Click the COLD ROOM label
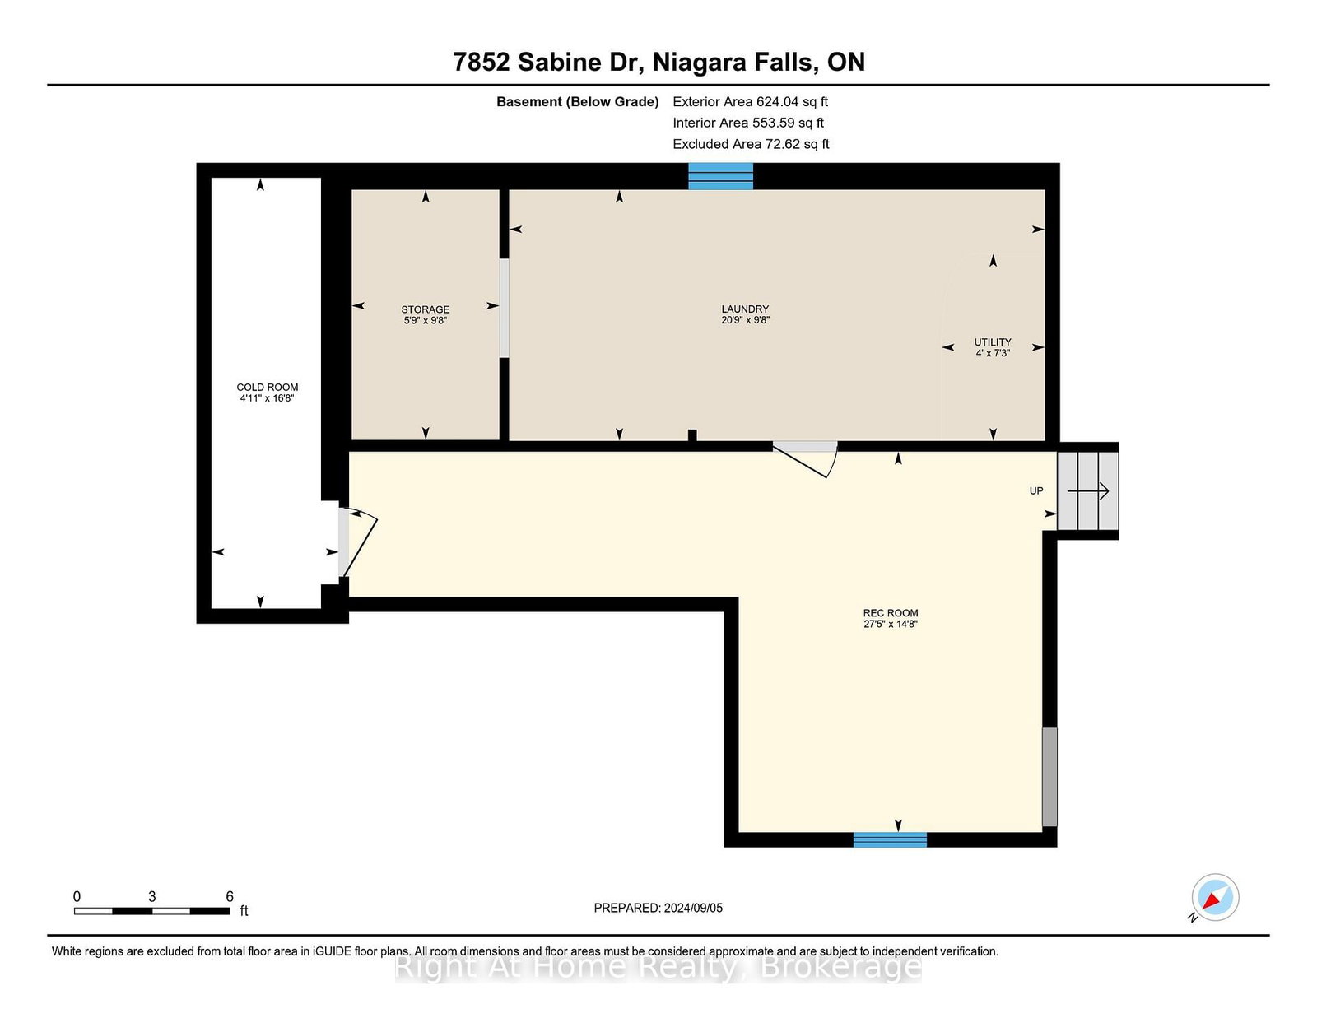(268, 388)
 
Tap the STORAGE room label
(426, 309)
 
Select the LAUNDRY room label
(745, 309)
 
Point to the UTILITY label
(993, 342)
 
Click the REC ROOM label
(891, 612)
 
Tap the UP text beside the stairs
(1036, 490)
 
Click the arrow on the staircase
(1088, 490)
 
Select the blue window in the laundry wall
(720, 176)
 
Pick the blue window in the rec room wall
(890, 839)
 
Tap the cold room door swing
(358, 542)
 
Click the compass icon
(1215, 897)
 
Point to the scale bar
(152, 911)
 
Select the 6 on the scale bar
(230, 897)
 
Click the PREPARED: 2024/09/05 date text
(658, 908)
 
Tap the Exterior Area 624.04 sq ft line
(751, 102)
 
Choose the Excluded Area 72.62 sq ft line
(751, 144)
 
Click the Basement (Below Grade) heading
(578, 102)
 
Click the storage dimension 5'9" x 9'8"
(426, 321)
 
